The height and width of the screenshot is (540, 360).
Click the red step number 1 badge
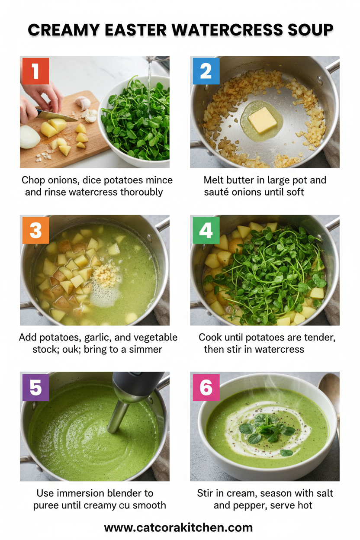pyautogui.click(x=35, y=71)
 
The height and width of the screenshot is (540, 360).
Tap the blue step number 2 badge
pyautogui.click(x=205, y=71)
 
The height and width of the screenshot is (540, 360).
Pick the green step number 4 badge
pyautogui.click(x=205, y=230)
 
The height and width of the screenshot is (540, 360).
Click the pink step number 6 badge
pyautogui.click(x=205, y=388)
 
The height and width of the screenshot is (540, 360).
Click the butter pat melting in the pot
pyautogui.click(x=262, y=119)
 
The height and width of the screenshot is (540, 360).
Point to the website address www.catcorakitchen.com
pyautogui.click(x=178, y=527)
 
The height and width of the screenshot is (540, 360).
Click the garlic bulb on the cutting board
pyautogui.click(x=83, y=103)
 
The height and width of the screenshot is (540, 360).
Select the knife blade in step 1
pyautogui.click(x=56, y=116)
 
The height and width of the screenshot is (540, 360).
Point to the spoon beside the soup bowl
pyautogui.click(x=331, y=389)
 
